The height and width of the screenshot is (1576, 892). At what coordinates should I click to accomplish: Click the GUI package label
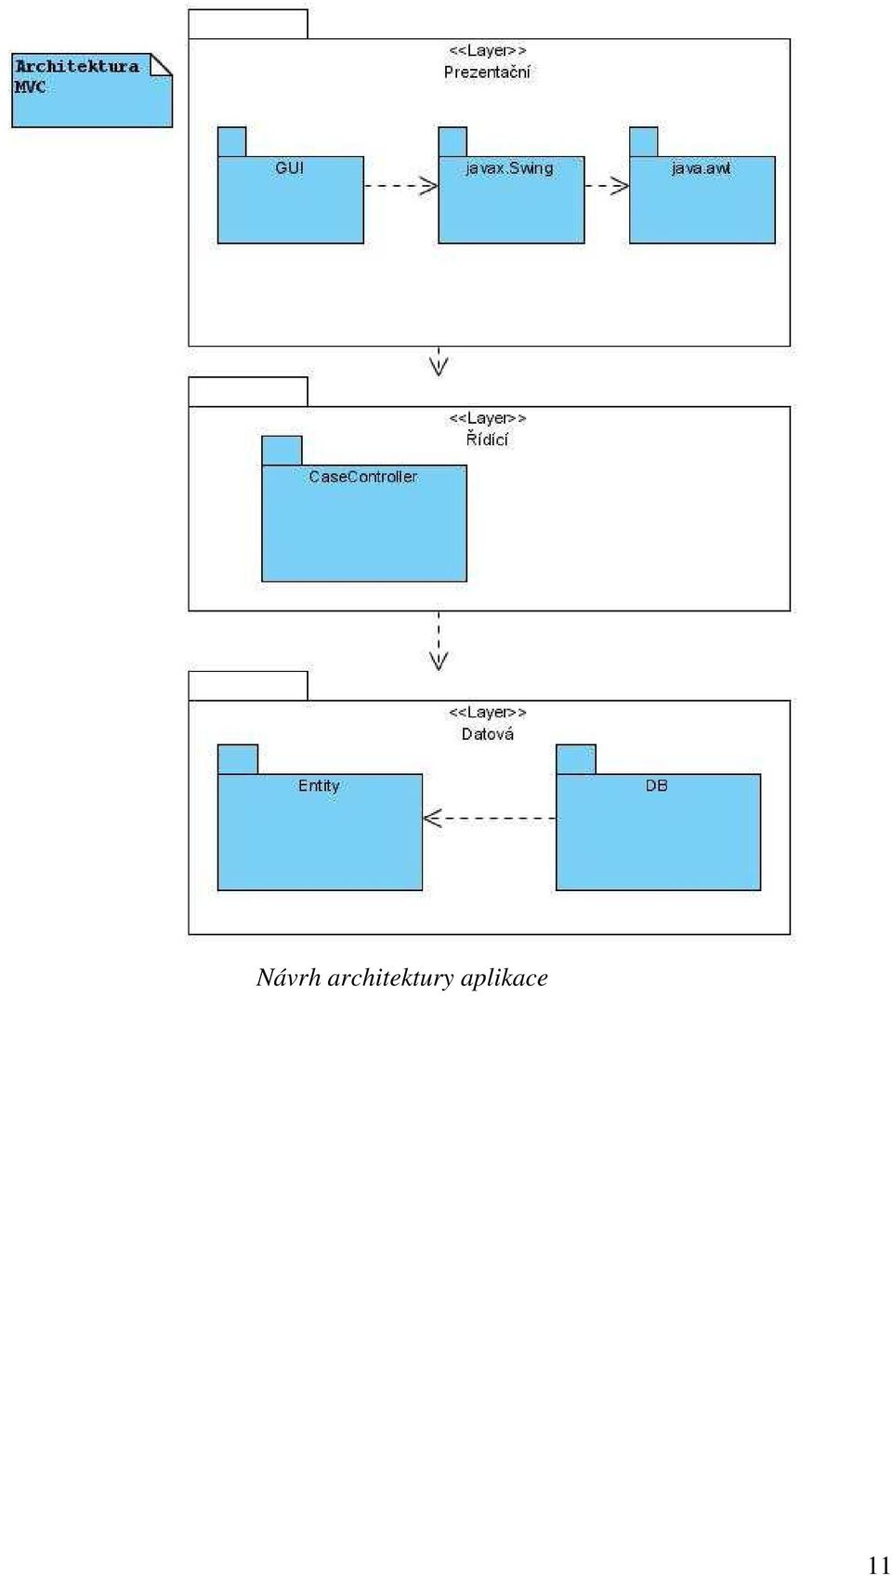[x=289, y=168]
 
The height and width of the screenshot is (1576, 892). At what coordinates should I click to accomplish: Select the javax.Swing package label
[x=509, y=169]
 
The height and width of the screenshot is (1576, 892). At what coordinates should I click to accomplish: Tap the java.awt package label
[x=701, y=169]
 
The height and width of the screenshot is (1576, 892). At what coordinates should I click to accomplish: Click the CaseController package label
[x=363, y=477]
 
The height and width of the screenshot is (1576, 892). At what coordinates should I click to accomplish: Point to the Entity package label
[x=319, y=786]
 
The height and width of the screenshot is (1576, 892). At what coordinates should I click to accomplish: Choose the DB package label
[x=656, y=785]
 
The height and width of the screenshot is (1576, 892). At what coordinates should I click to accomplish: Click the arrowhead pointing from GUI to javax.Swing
[x=429, y=186]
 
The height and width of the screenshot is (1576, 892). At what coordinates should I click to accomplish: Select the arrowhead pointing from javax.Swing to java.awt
[x=621, y=186]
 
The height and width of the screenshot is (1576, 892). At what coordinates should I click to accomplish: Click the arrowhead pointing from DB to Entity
[x=432, y=819]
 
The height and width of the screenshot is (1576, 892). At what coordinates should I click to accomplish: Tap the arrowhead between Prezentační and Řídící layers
[x=439, y=367]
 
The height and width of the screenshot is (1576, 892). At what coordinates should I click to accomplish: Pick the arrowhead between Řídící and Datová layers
[x=439, y=662]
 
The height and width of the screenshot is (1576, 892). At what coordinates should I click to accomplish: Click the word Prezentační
[x=487, y=72]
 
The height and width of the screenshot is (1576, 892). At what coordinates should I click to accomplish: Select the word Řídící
[x=487, y=439]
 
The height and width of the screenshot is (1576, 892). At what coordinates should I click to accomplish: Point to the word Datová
[x=488, y=733]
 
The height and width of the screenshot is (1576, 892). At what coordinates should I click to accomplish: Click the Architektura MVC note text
[x=77, y=76]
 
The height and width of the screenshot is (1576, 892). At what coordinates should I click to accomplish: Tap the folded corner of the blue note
[x=161, y=64]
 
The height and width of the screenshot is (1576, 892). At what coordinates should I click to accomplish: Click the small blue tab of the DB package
[x=576, y=759]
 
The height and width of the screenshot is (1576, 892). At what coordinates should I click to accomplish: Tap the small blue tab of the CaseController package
[x=282, y=451]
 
